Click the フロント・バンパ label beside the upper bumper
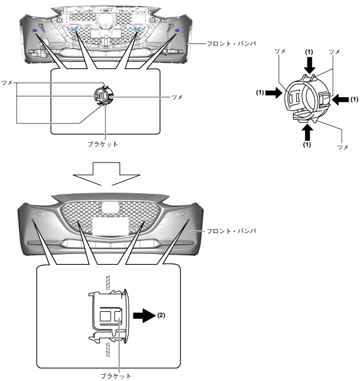click(231, 44)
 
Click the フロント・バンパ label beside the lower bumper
click(231, 231)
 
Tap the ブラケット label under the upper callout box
click(103, 144)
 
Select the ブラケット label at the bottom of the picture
click(116, 376)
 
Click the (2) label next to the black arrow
click(161, 315)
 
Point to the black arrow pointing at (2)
click(144, 316)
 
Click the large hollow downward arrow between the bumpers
click(107, 174)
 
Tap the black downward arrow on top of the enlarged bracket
click(309, 65)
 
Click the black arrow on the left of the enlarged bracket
click(274, 92)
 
